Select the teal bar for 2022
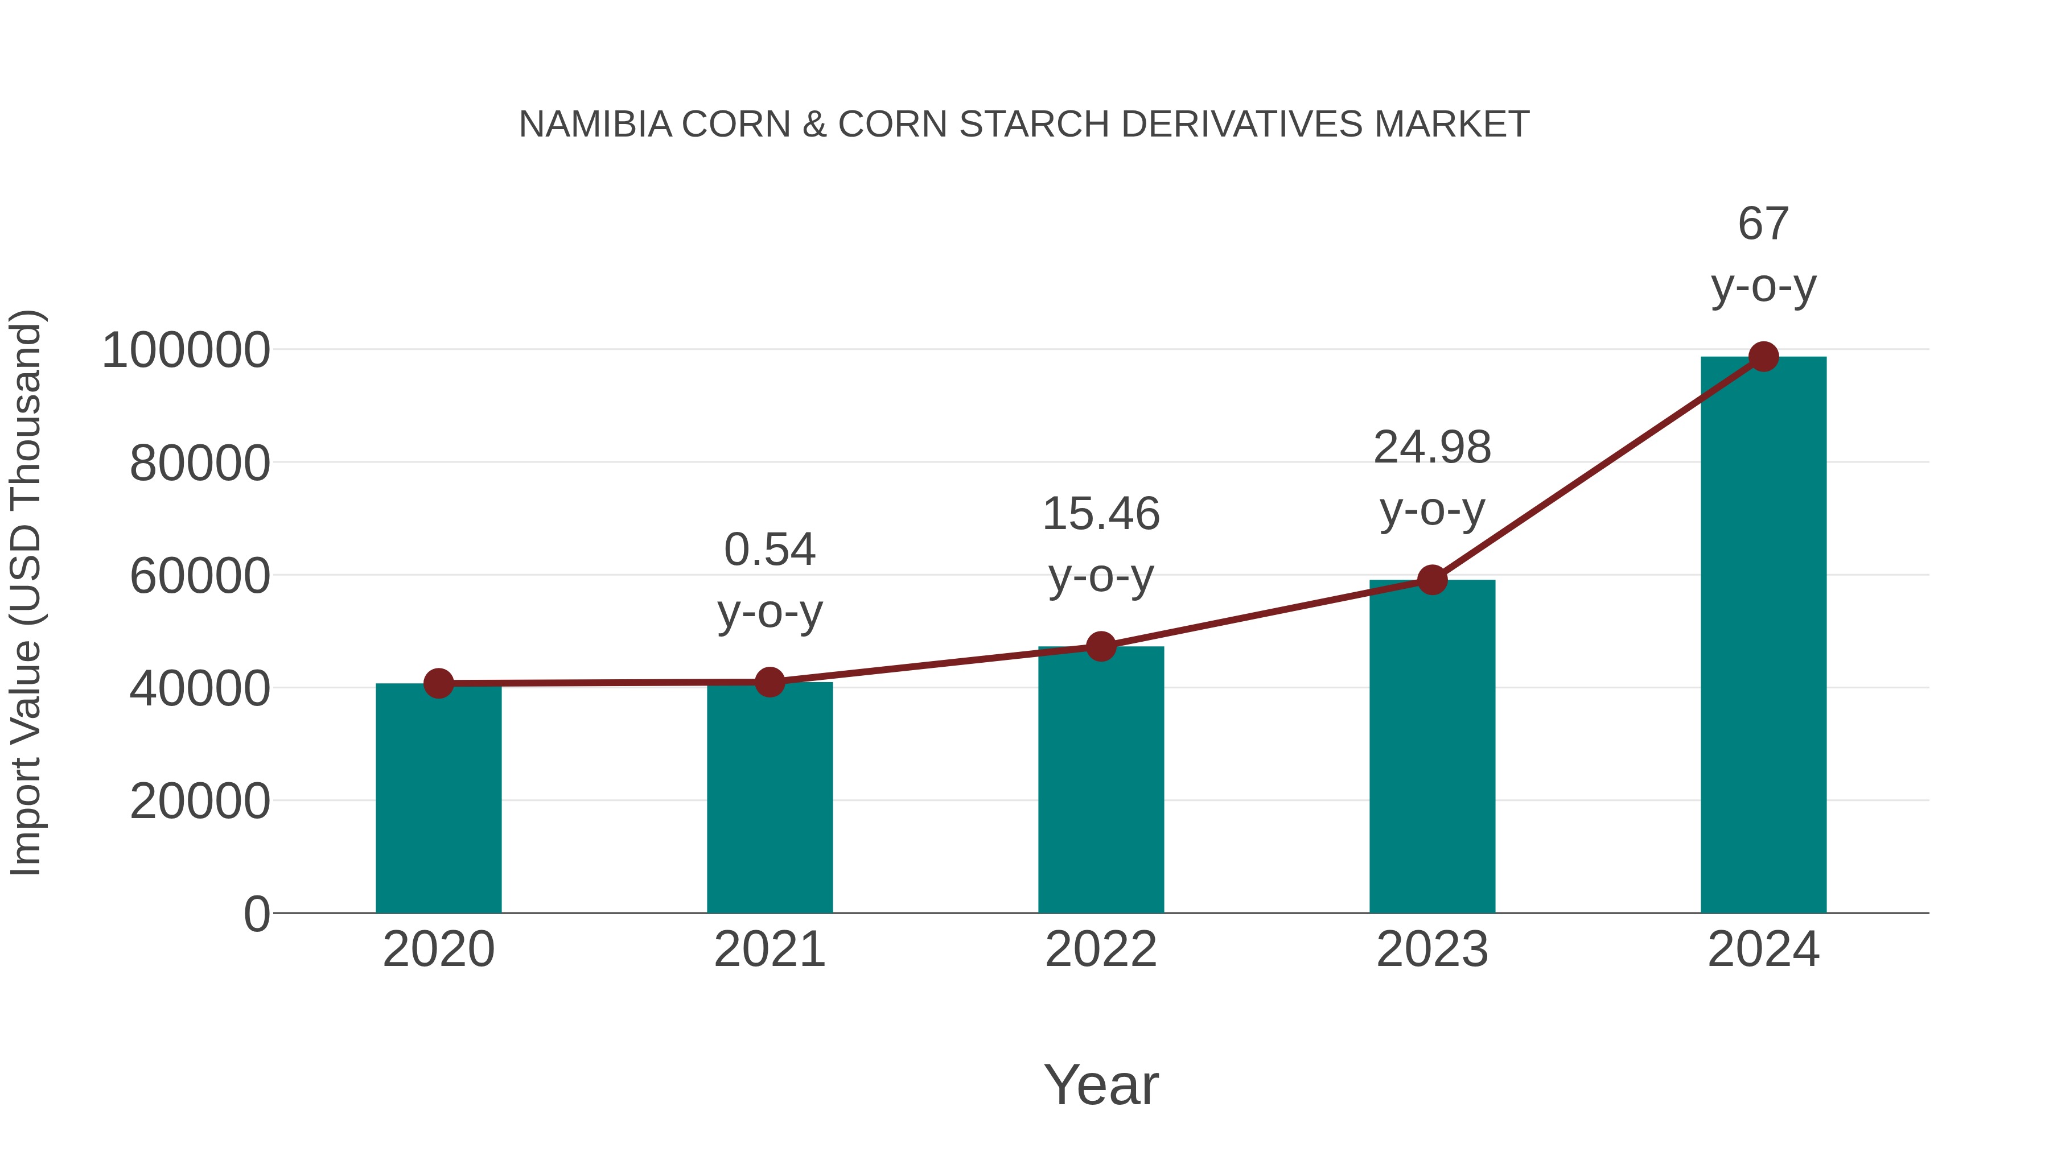[1101, 779]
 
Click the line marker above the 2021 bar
[769, 682]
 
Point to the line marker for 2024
[1763, 357]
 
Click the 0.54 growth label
[769, 550]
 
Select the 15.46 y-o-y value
[1101, 514]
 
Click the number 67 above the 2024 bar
[1763, 224]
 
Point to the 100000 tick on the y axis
[186, 350]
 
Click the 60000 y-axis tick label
[200, 576]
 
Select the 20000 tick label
[200, 802]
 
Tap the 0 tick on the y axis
[257, 914]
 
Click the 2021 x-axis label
[769, 949]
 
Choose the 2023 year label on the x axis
[1432, 949]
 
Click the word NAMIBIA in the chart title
[595, 124]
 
